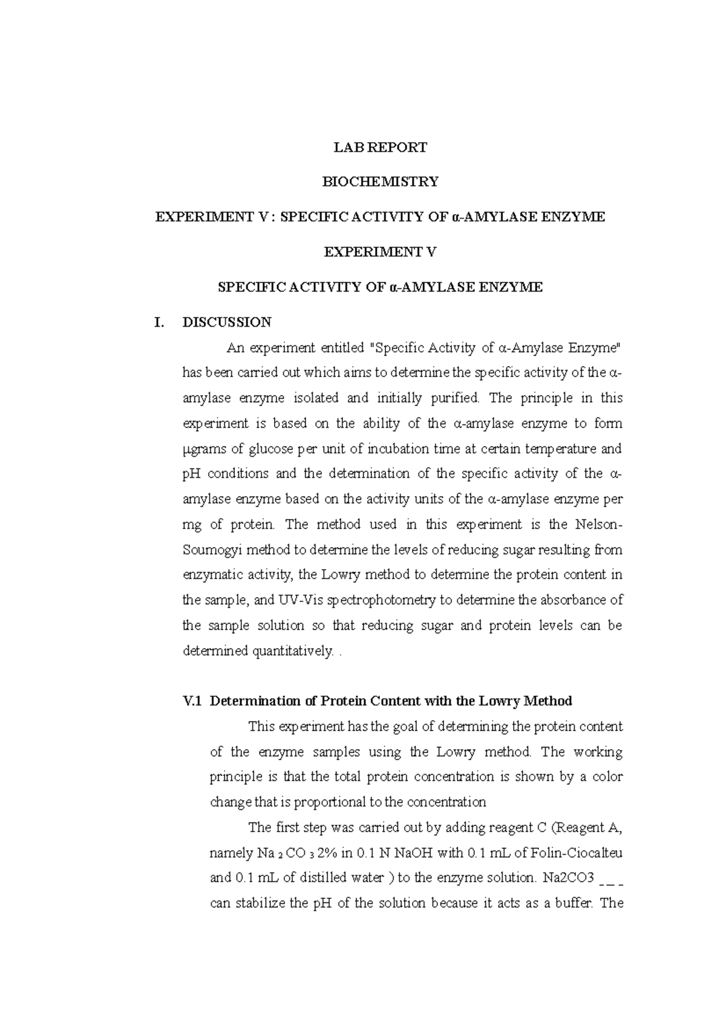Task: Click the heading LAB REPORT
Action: (381, 147)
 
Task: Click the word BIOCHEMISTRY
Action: (381, 181)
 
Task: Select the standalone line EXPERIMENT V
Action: (380, 252)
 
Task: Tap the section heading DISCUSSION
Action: (227, 322)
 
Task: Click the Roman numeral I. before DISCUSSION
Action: (160, 322)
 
